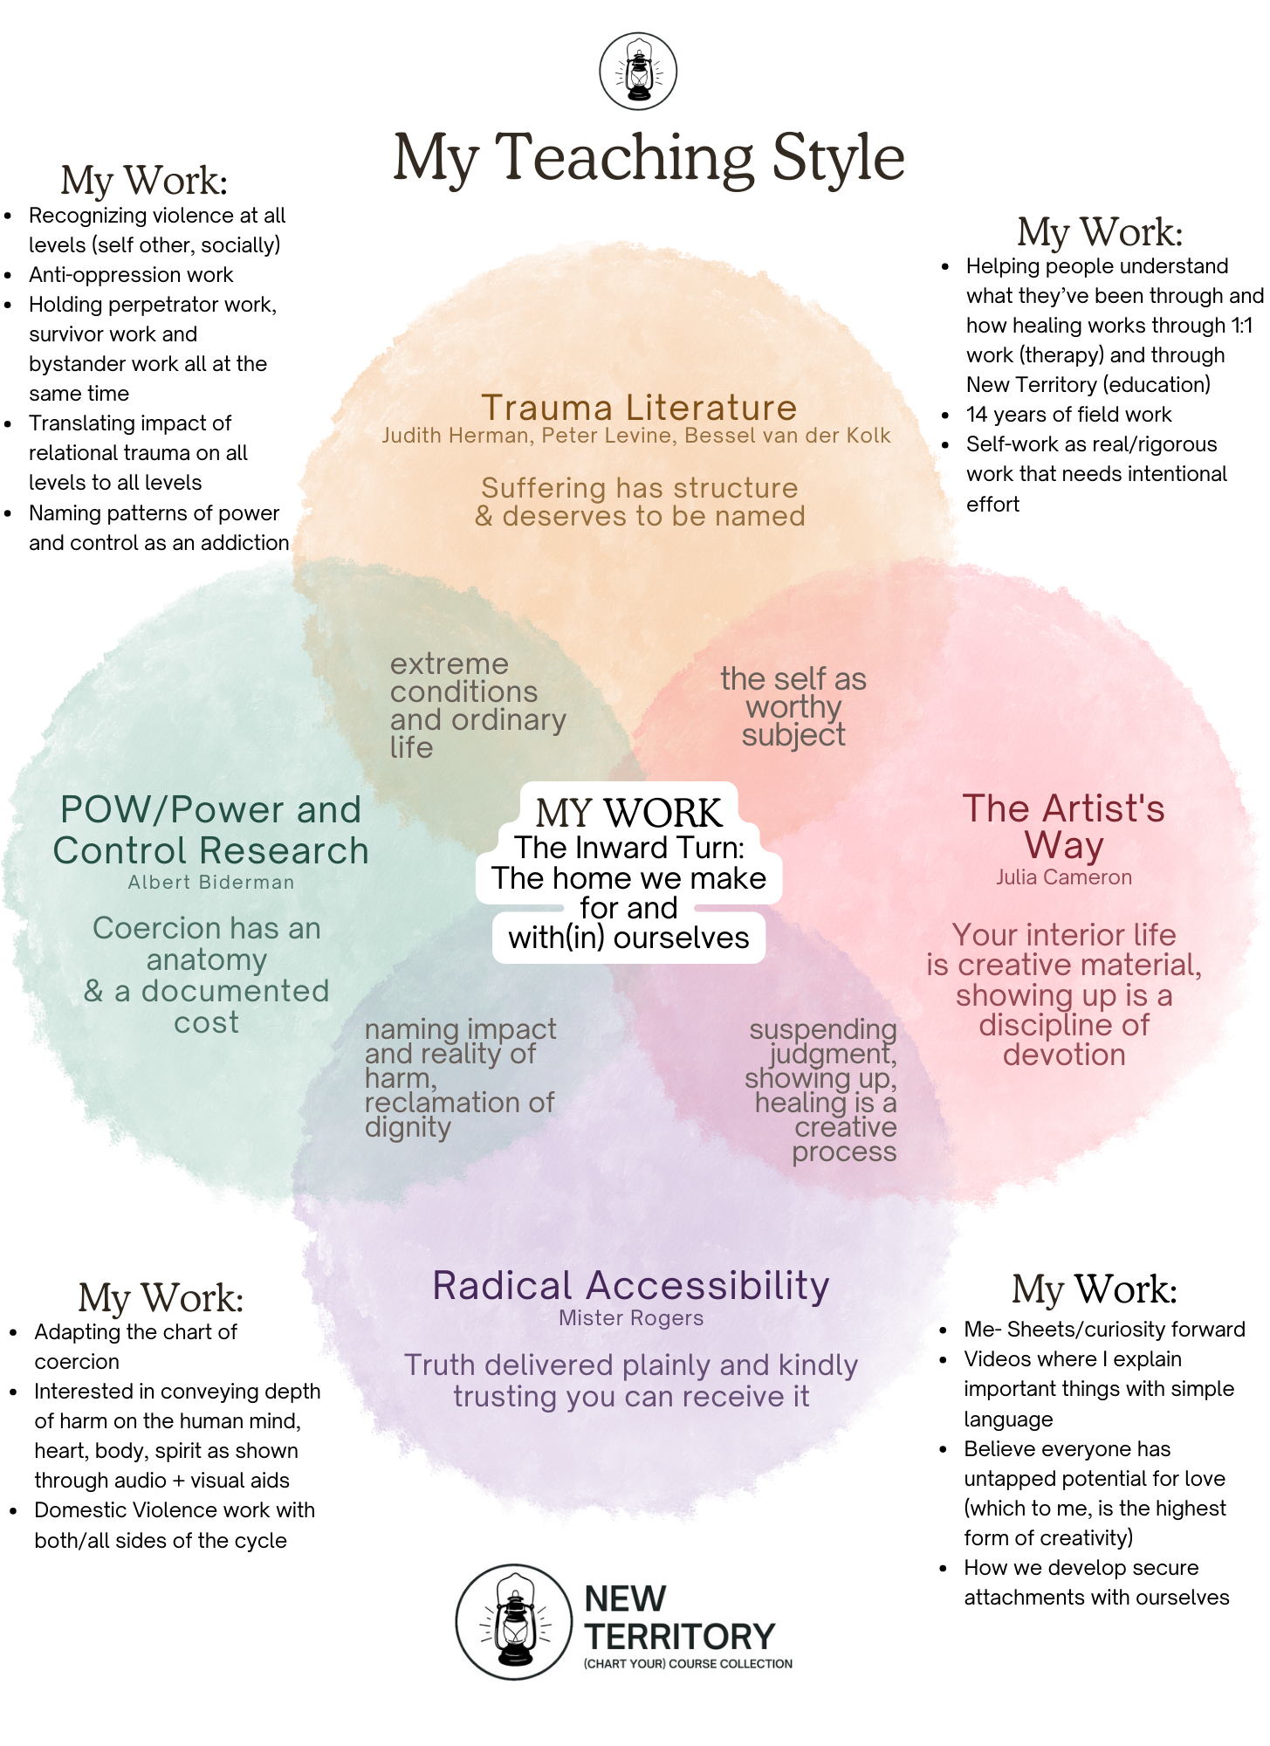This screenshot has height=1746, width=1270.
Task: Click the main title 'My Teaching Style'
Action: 649,159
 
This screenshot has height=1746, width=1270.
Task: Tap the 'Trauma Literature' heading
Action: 639,408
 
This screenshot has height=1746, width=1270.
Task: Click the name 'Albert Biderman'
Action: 211,883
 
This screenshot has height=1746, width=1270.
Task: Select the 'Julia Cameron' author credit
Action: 1064,877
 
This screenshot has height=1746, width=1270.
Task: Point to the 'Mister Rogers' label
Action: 631,1318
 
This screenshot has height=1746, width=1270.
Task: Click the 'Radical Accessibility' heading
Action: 631,1286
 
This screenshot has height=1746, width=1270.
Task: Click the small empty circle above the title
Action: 638,72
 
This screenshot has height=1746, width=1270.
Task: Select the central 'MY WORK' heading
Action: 628,813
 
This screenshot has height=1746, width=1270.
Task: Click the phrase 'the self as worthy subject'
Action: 793,706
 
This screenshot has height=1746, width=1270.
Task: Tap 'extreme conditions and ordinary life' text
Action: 477,705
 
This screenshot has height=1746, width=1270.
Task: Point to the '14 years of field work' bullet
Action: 1068,415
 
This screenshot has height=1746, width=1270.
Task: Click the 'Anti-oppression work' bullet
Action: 131,275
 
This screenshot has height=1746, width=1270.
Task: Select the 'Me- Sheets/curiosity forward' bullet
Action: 1104,1330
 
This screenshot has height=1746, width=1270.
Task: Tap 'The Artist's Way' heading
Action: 1063,826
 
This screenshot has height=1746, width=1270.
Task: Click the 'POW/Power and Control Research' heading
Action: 210,829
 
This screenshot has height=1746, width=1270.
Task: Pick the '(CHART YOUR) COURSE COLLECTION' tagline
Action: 688,1664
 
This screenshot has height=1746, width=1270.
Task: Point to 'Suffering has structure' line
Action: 639,488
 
